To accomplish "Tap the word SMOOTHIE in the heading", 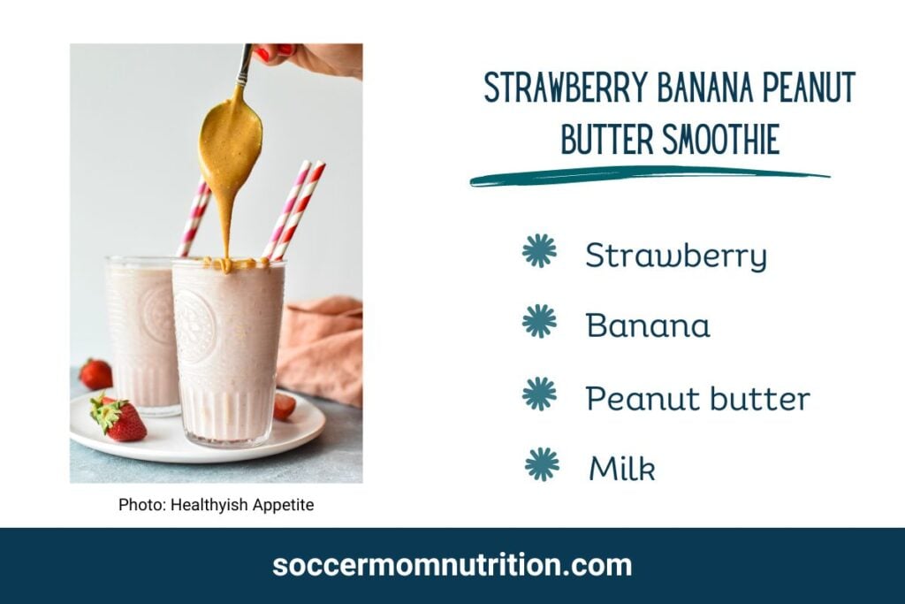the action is click(721, 139).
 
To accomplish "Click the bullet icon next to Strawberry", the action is click(539, 250).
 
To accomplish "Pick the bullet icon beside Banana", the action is click(539, 321).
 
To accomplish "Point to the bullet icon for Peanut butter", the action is click(539, 394).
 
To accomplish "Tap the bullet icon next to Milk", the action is click(542, 464).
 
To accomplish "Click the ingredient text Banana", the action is click(648, 325).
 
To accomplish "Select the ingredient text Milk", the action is click(622, 468).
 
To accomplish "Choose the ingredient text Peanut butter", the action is click(698, 399).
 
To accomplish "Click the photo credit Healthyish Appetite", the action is click(242, 505).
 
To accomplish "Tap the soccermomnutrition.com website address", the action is click(452, 565).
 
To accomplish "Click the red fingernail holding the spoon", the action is click(262, 55).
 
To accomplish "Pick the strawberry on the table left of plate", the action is click(95, 374).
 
